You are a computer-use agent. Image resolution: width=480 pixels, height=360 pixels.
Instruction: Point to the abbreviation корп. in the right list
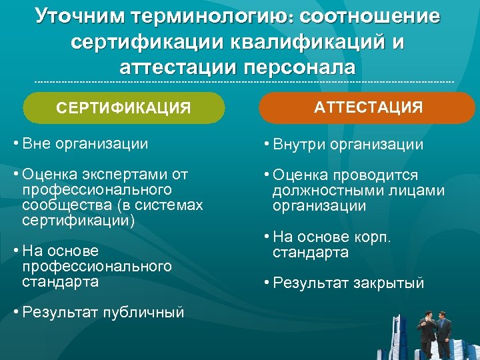[378, 237]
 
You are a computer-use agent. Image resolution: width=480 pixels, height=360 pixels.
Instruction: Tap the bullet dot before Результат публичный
[15, 311]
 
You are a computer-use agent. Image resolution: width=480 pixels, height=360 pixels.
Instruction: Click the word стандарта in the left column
[60, 281]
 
